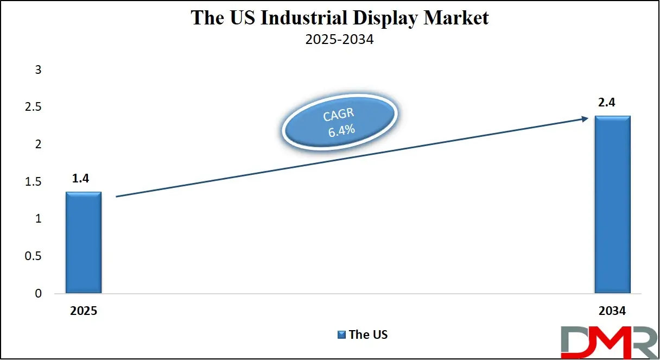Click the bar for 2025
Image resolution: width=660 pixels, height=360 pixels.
click(84, 243)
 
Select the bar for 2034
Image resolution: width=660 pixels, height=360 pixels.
click(613, 205)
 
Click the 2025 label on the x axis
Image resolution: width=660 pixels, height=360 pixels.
click(84, 311)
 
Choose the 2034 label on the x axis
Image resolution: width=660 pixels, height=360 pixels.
click(612, 311)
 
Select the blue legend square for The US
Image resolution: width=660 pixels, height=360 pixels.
click(341, 334)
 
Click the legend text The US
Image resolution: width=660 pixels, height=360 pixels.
click(368, 334)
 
